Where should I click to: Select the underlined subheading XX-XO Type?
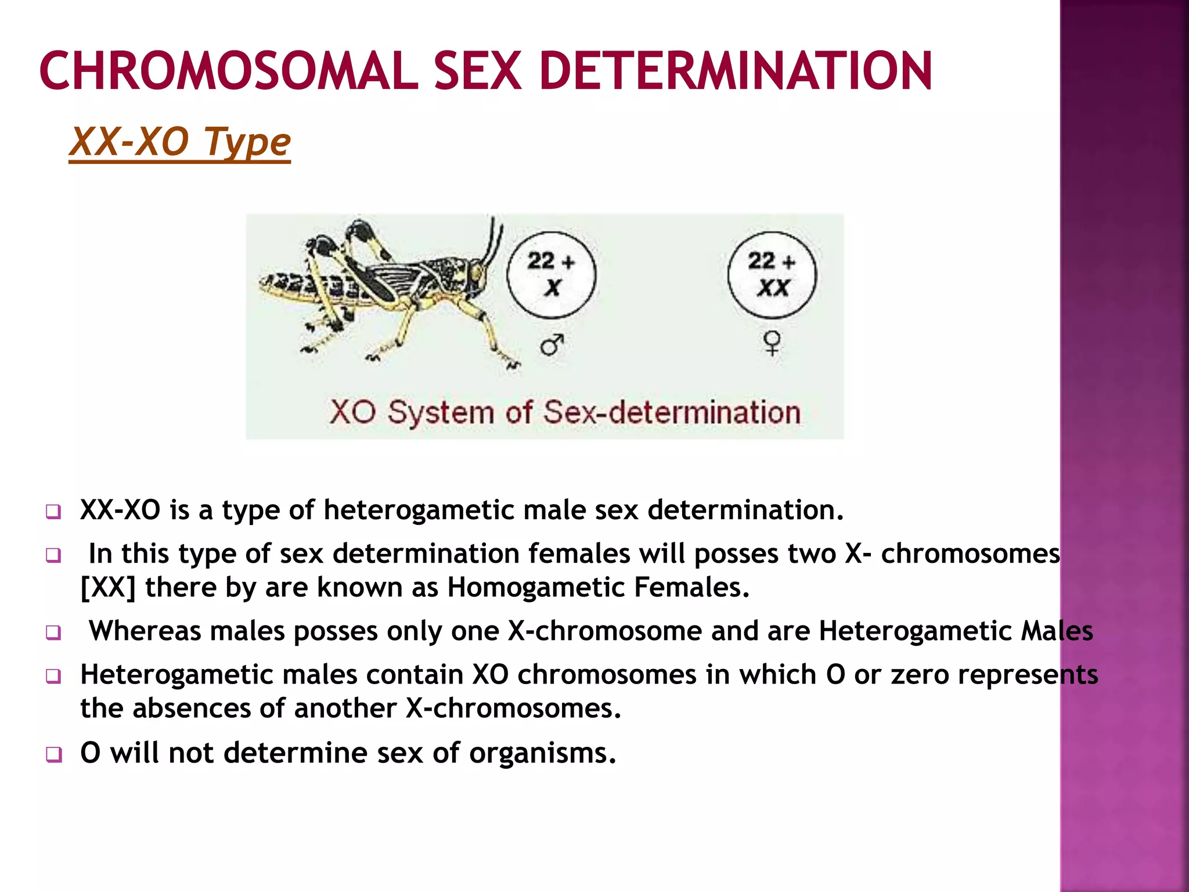point(180,142)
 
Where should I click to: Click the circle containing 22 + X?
point(551,275)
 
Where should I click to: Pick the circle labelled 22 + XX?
point(772,275)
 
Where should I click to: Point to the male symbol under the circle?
point(552,345)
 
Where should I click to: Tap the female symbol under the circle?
point(772,343)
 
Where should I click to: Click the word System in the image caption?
point(441,413)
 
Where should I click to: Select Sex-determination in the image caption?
point(672,413)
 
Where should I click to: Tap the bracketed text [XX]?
point(108,587)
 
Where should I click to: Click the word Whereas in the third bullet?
point(145,631)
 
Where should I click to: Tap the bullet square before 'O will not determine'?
point(53,754)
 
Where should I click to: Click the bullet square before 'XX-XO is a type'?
point(53,512)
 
